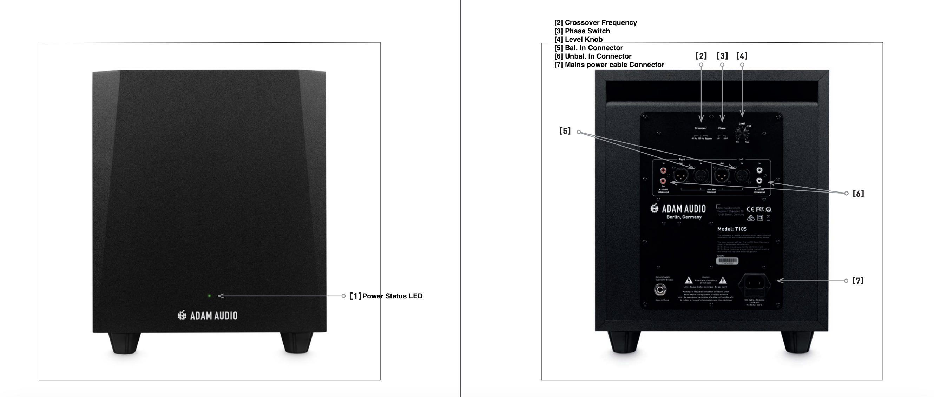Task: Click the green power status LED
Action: (209, 296)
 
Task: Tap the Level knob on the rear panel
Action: (742, 134)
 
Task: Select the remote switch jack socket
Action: (660, 289)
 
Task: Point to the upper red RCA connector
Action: (663, 170)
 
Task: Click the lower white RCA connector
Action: (759, 180)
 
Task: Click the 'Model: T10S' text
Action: (732, 229)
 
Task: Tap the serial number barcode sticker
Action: (727, 261)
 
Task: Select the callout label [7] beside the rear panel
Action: (858, 281)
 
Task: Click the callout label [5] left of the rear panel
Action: (565, 131)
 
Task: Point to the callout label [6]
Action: (858, 194)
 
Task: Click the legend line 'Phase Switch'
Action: (582, 31)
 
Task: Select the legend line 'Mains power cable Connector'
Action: (609, 65)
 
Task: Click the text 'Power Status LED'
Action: (392, 296)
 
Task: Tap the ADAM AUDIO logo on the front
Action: (208, 316)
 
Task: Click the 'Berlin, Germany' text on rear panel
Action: (684, 217)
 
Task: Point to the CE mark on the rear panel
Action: (750, 209)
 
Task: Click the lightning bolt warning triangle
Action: (688, 280)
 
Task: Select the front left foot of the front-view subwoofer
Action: (124, 343)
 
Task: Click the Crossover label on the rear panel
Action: (700, 128)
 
